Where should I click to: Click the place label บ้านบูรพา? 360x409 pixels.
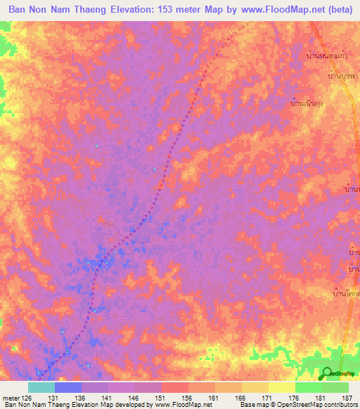pyautogui.click(x=343, y=75)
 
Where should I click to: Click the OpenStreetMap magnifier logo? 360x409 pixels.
pyautogui.click(x=326, y=373)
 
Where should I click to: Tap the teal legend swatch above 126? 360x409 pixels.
pyautogui.click(x=41, y=387)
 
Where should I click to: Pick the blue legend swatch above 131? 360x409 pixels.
pyautogui.click(x=67, y=387)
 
